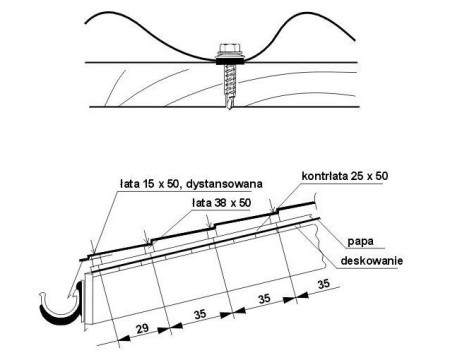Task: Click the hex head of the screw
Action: click(x=230, y=49)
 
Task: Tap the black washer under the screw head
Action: click(x=230, y=61)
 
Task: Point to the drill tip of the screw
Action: click(x=230, y=103)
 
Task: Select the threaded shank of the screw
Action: click(x=230, y=80)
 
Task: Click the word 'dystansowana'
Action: click(x=224, y=184)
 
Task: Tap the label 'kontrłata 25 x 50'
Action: click(x=345, y=176)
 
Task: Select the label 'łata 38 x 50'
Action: click(x=221, y=202)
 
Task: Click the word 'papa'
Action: click(x=361, y=241)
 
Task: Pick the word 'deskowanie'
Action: click(x=371, y=260)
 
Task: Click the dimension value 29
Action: click(x=142, y=329)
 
